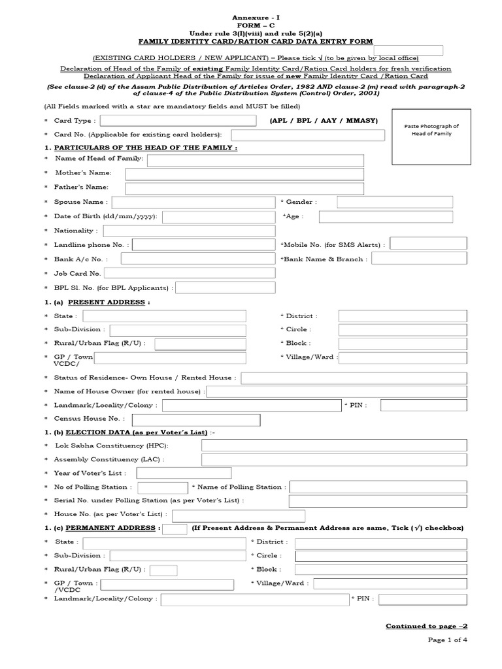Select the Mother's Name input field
[x=244, y=174]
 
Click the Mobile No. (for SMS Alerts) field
[x=428, y=244]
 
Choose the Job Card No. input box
[x=190, y=273]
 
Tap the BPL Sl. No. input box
[x=226, y=287]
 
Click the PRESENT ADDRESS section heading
[x=108, y=302]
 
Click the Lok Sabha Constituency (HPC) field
[x=334, y=446]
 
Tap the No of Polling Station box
[x=162, y=487]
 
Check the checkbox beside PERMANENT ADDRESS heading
[x=173, y=529]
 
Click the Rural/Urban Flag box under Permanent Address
[x=163, y=570]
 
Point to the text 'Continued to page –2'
[x=426, y=626]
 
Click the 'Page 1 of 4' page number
[x=448, y=640]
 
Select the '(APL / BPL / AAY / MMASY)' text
[x=324, y=121]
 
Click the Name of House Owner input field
[x=337, y=391]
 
